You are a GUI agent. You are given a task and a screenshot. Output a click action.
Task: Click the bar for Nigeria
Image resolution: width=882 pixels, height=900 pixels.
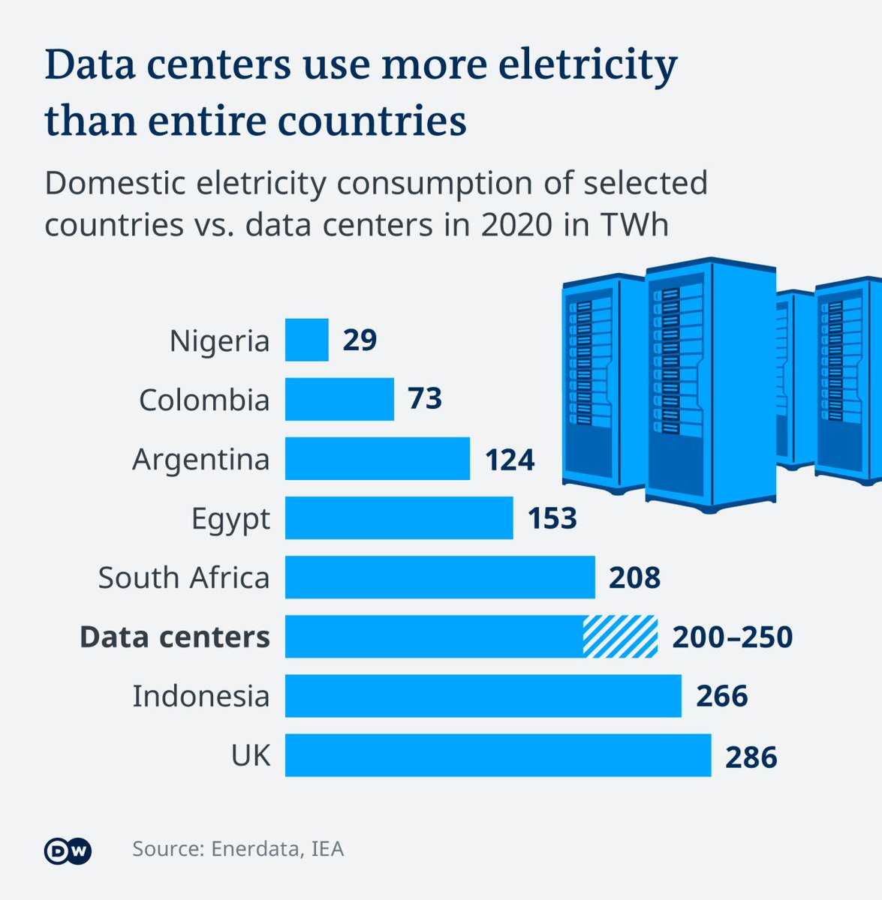[306, 340]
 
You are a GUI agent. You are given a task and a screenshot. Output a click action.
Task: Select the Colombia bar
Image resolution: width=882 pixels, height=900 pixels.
[339, 399]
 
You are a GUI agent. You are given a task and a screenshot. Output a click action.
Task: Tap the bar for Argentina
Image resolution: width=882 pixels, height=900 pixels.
[377, 458]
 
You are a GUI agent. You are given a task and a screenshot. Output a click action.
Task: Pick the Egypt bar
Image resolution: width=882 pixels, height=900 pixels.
[399, 517]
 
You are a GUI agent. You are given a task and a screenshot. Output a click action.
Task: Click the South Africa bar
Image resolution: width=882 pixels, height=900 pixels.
[440, 577]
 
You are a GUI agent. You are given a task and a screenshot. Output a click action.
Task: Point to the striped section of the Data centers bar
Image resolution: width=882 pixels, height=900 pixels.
[620, 636]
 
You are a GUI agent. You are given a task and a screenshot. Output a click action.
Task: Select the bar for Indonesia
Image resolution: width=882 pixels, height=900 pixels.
[483, 695]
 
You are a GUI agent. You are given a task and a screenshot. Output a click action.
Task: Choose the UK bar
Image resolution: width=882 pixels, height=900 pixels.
[498, 754]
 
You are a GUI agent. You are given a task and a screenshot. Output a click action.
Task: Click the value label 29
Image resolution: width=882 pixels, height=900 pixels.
[360, 340]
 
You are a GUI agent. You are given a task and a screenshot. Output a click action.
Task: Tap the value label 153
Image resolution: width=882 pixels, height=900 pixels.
[552, 518]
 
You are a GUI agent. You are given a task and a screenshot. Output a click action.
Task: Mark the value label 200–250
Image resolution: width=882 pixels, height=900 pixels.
[732, 637]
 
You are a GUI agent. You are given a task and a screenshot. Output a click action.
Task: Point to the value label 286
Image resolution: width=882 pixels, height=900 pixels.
[751, 756]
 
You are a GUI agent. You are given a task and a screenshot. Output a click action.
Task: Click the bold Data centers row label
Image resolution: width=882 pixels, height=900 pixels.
[174, 637]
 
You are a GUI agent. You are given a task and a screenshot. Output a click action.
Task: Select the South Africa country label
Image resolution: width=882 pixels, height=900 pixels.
[183, 577]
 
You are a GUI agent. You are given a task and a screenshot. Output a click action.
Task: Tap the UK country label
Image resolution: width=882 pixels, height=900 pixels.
[251, 755]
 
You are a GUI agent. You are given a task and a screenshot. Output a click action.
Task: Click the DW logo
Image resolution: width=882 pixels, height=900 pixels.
[68, 850]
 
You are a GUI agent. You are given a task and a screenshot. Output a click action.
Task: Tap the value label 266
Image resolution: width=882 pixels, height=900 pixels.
[721, 696]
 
